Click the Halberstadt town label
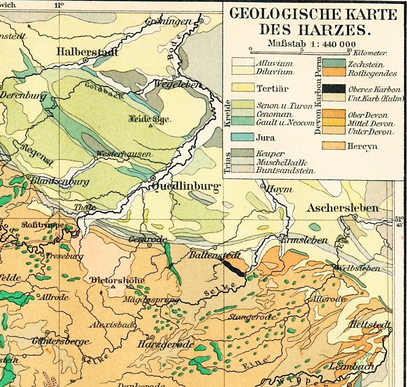click(87, 52)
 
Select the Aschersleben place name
click(343, 208)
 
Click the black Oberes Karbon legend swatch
click(334, 89)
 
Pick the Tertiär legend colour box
click(243, 88)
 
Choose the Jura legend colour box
click(243, 137)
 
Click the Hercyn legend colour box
click(334, 146)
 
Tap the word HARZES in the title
click(333, 29)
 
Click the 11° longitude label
click(59, 5)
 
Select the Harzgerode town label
click(165, 345)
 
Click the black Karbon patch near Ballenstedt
click(233, 268)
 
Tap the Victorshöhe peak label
click(117, 280)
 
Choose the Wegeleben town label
click(177, 84)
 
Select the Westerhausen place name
click(123, 154)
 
